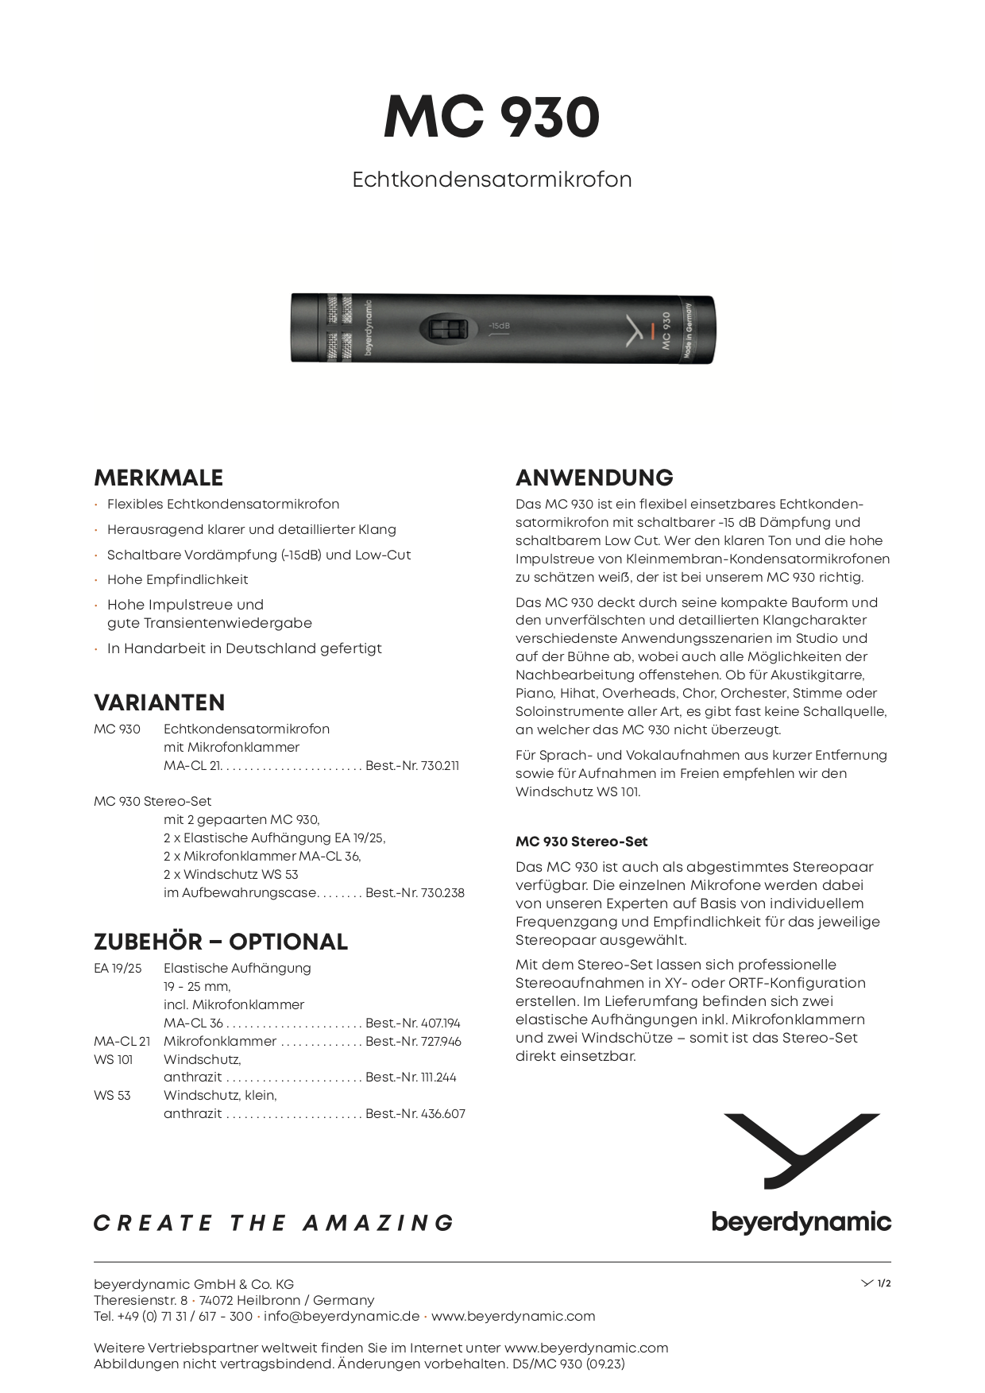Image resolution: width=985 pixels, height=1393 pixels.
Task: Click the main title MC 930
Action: click(492, 118)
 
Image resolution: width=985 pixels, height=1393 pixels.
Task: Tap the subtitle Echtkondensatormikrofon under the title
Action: click(492, 180)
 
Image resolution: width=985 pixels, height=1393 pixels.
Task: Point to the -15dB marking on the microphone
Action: click(500, 326)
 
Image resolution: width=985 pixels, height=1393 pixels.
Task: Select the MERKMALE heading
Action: click(158, 478)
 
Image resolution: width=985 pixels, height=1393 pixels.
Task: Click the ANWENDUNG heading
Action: click(594, 478)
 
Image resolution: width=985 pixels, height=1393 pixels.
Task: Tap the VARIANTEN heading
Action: click(159, 702)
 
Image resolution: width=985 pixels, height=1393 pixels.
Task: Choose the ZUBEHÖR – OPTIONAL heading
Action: click(221, 942)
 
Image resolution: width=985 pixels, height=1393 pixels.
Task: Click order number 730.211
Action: click(412, 766)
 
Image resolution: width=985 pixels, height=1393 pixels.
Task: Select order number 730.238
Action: click(415, 893)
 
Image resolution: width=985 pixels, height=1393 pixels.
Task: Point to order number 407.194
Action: click(413, 1023)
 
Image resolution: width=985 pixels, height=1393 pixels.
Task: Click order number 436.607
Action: click(415, 1114)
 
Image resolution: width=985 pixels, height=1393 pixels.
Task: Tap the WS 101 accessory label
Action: click(114, 1060)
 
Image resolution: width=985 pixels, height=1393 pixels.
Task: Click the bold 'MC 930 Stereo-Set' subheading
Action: click(581, 842)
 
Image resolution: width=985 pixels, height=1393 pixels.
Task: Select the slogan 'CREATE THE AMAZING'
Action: click(274, 1223)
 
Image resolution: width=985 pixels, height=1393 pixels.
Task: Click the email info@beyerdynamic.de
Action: click(342, 1316)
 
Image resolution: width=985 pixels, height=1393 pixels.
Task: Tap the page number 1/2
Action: click(883, 1283)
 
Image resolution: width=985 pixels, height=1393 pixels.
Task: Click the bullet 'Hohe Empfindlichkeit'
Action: click(178, 580)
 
